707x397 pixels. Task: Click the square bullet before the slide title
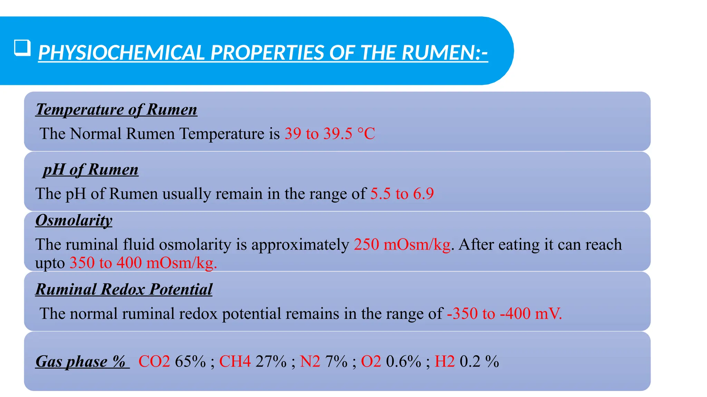click(22, 48)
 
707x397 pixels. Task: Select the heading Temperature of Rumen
click(116, 110)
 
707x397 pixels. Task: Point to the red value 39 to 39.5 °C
click(330, 134)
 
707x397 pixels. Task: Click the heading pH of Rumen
click(91, 170)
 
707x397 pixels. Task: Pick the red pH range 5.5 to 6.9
click(402, 194)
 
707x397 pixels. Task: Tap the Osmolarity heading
click(74, 220)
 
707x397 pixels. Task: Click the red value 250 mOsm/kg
click(402, 245)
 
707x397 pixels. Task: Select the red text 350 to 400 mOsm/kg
click(143, 263)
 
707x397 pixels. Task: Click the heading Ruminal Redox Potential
click(124, 289)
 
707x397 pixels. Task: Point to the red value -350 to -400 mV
click(504, 314)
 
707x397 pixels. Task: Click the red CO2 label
click(154, 362)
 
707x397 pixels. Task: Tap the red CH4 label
click(235, 362)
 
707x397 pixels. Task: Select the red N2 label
click(310, 362)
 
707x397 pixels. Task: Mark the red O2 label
click(371, 362)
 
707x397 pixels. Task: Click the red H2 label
click(445, 362)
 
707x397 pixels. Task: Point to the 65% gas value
click(190, 362)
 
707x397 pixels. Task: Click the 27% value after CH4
click(271, 362)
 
